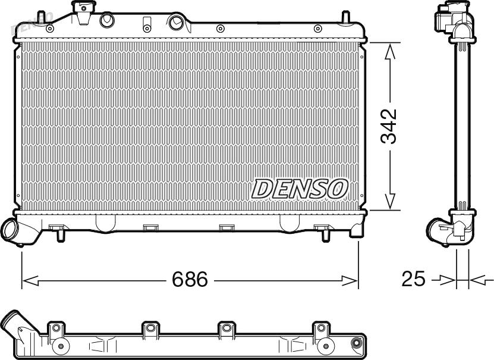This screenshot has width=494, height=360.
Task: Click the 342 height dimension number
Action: coord(388,126)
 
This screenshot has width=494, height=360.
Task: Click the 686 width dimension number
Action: coord(190,279)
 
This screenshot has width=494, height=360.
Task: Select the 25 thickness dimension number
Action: coord(413,279)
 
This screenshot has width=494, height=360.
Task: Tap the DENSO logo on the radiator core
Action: coord(300,189)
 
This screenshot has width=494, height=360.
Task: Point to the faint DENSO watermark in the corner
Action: coord(32,24)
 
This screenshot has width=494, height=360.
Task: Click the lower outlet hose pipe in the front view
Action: coord(19,231)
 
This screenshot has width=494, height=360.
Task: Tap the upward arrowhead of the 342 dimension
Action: coord(390,52)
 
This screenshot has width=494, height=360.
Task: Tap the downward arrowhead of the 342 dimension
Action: coord(390,201)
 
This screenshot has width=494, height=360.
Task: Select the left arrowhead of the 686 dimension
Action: coord(31,280)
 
